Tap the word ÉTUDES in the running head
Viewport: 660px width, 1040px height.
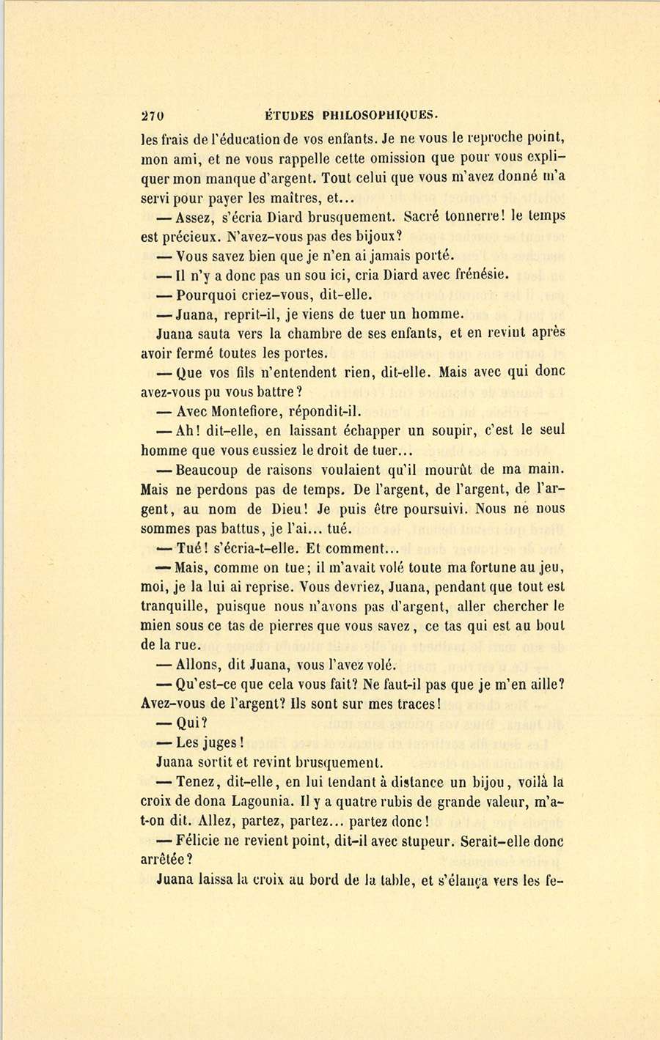point(289,115)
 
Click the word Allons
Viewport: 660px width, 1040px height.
point(201,665)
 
